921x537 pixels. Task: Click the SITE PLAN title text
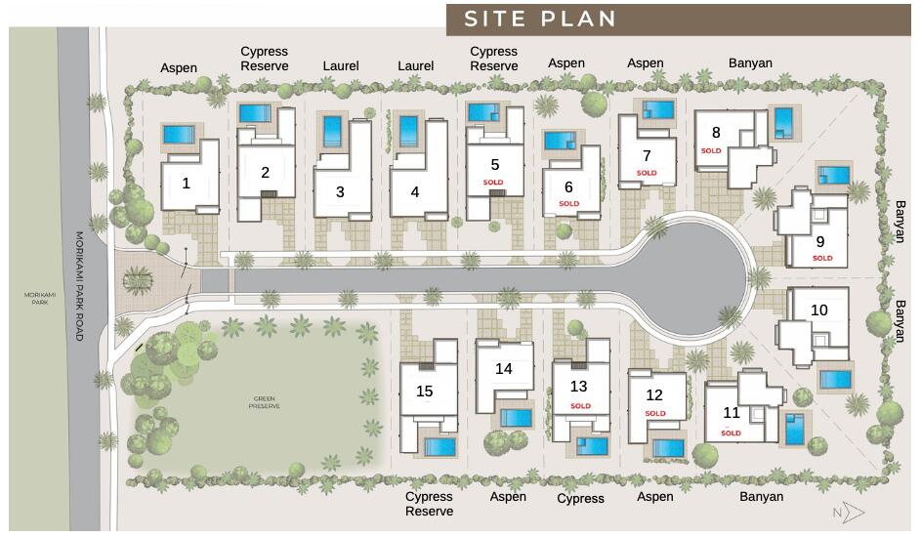coord(539,20)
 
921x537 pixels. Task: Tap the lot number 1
coord(186,183)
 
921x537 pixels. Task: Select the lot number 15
coord(425,392)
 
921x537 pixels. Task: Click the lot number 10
coord(818,310)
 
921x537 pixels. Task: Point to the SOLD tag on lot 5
coord(493,183)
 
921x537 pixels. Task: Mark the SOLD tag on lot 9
coord(822,259)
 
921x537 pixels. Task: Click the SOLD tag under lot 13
coord(580,406)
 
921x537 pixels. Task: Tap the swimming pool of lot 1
coord(180,134)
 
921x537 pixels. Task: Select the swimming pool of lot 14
coord(515,418)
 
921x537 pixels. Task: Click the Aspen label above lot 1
coord(179,68)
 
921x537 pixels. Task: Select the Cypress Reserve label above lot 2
coord(265,59)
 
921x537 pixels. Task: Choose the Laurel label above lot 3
coord(340,66)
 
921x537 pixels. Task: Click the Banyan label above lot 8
coord(750,63)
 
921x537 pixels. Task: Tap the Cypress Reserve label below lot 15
coord(430,504)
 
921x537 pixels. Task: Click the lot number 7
coord(646,155)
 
